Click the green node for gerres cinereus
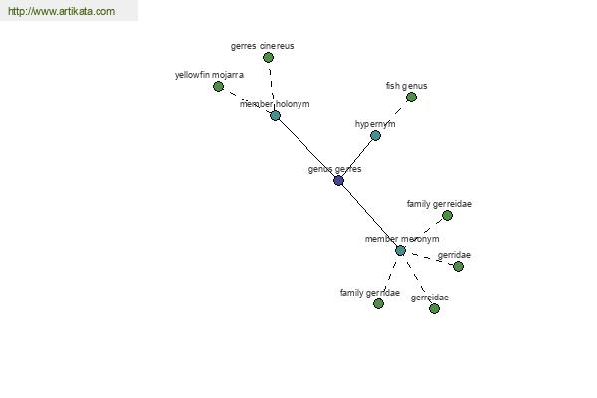[268, 58]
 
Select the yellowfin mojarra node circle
[219, 87]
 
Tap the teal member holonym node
[275, 116]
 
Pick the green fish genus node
[411, 98]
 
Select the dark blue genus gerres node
[339, 181]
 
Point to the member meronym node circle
[400, 251]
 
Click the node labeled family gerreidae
[447, 216]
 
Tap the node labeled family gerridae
[378, 304]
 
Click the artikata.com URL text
[62, 12]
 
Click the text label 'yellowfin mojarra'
[209, 75]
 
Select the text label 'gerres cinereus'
[262, 46]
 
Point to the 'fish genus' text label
[406, 86]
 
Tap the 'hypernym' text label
[375, 124]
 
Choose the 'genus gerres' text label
[334, 169]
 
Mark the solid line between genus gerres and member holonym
[306, 148]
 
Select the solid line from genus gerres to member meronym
[369, 216]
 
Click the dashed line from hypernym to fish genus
[393, 116]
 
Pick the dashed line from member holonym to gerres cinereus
[271, 88]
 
